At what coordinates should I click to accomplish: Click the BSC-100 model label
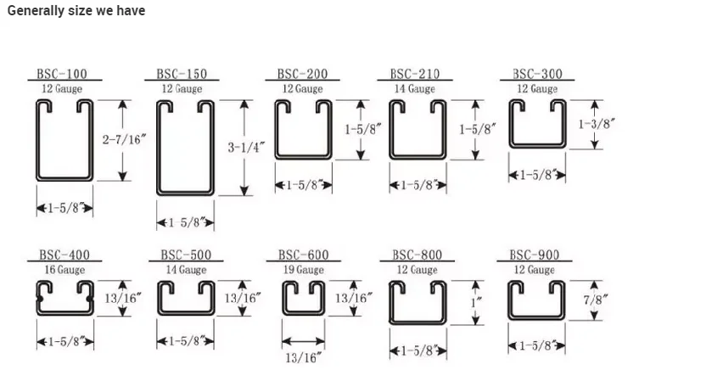pos(63,75)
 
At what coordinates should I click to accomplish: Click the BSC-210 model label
pos(415,75)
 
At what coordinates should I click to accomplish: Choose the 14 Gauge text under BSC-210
pos(415,88)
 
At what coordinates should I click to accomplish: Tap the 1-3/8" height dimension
pos(596,124)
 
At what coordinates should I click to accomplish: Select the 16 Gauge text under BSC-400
pos(64,270)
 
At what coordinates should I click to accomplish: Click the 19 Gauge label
pos(303,270)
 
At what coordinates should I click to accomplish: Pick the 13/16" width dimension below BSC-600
pos(303,358)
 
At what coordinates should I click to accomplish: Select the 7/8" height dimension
pos(596,301)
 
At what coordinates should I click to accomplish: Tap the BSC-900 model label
pos(535,255)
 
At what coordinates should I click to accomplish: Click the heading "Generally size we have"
pos(76,10)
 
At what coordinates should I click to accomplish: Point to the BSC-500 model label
pos(186,255)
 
